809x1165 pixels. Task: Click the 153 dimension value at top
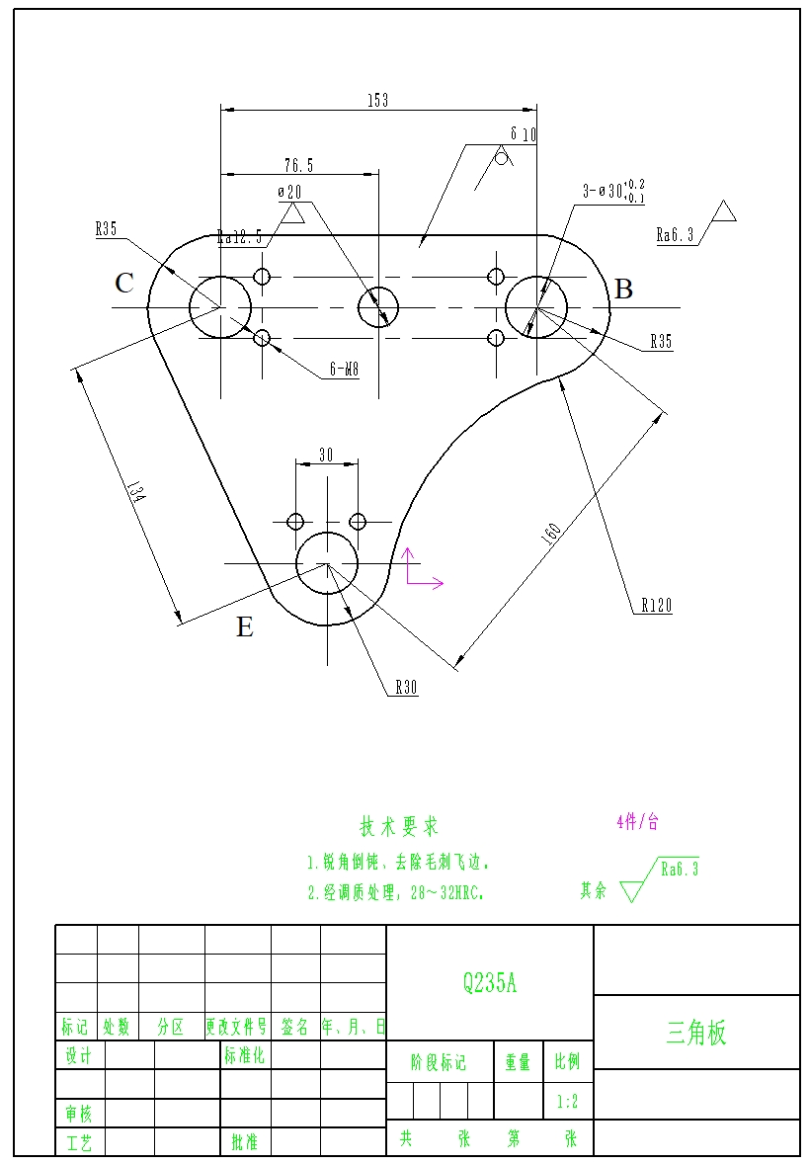point(377,100)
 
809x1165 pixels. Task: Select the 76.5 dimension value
point(298,165)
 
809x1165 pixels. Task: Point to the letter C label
point(124,284)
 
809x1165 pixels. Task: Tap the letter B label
point(623,290)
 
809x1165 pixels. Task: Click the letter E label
point(245,627)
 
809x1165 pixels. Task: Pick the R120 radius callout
point(656,605)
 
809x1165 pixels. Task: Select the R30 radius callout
point(406,687)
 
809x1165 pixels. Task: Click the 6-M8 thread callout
point(343,372)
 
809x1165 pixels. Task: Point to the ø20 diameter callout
point(289,192)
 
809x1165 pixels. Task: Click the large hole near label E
point(327,564)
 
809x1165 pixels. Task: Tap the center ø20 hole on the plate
point(378,307)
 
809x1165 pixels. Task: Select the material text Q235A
point(489,982)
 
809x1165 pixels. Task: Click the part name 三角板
point(696,1033)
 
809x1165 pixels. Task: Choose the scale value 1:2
point(567,1101)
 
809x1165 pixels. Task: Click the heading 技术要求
point(399,826)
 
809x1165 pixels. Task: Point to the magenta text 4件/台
point(637,821)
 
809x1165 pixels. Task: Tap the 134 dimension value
point(135,494)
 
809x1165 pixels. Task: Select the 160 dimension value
point(551,532)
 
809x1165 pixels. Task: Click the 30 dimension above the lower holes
point(326,455)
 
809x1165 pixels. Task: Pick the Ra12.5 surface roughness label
point(239,237)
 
